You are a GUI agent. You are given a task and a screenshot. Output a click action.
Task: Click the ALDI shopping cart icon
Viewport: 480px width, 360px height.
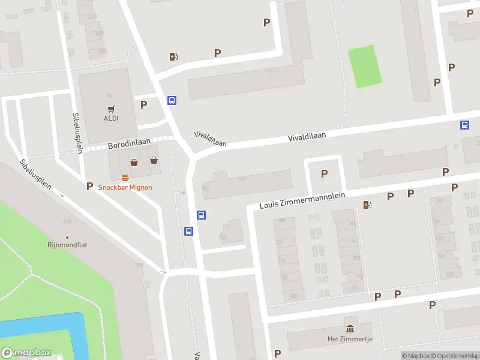(111, 109)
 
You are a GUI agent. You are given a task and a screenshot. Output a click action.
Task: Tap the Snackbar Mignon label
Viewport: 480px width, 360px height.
(125, 187)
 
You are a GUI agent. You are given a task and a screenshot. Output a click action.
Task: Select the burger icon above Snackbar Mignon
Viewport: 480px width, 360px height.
(125, 177)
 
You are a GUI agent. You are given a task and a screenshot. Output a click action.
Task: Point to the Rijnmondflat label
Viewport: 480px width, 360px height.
(67, 245)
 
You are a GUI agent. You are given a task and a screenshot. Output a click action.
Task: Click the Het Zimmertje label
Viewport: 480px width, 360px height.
(350, 339)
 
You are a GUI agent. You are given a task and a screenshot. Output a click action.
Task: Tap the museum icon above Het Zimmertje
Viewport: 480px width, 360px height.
(350, 328)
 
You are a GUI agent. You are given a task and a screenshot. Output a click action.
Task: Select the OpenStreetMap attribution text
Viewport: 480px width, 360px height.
(454, 356)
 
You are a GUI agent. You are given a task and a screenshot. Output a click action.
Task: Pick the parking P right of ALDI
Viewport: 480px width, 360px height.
(143, 104)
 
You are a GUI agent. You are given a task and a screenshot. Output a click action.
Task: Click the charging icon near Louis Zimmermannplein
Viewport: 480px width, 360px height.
(367, 205)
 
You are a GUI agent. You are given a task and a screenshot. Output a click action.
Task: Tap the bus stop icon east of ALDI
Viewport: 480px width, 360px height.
(172, 101)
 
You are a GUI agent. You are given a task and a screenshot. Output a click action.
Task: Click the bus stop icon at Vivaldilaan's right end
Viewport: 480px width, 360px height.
(464, 125)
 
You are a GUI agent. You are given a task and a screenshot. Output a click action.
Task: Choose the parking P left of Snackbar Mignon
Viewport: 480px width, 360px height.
(90, 187)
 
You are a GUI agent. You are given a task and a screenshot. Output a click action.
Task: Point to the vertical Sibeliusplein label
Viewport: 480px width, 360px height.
(76, 133)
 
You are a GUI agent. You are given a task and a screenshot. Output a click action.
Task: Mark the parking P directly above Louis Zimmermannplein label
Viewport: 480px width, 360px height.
(325, 174)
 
